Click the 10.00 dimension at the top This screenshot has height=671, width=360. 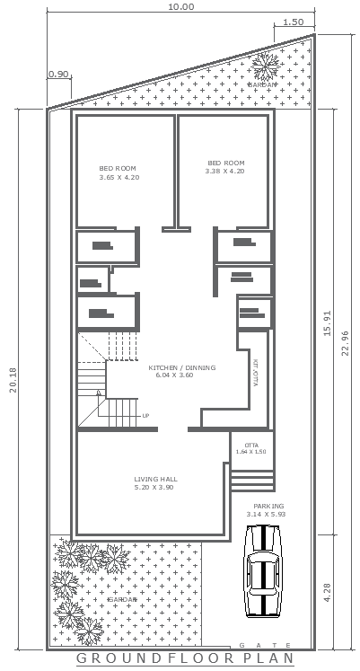pos(180,6)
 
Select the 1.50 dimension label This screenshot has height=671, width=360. pos(293,22)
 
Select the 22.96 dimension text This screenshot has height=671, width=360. pos(347,343)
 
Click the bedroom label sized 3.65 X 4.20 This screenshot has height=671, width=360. pos(119,173)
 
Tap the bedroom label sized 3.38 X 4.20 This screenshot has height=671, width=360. pos(224,166)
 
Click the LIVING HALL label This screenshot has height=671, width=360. pos(154,482)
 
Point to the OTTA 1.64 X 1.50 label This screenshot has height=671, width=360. pos(251,447)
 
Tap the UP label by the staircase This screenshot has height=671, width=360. pos(145,416)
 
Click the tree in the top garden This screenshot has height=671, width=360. pos(265,66)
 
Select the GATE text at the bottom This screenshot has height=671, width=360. pos(264,646)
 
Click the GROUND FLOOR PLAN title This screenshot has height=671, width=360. pos(185,659)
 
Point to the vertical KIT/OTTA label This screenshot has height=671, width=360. pos(256,373)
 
